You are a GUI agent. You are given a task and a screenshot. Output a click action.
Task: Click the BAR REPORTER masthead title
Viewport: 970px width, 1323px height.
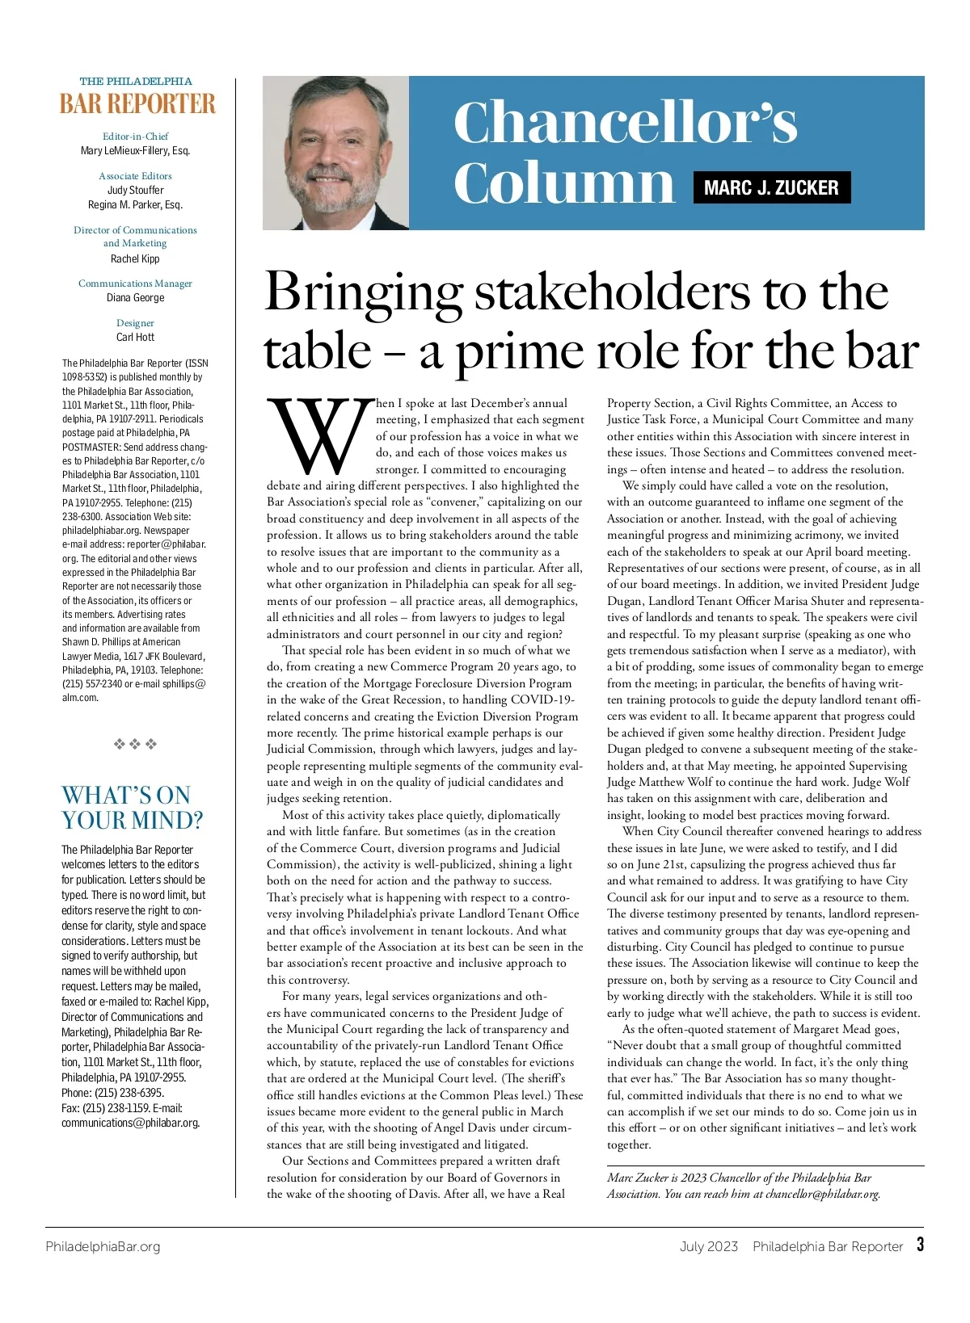(x=137, y=104)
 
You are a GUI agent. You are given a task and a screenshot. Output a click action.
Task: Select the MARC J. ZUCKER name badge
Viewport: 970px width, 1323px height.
(x=771, y=188)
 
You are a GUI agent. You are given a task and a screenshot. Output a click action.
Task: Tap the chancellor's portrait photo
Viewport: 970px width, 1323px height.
(x=335, y=153)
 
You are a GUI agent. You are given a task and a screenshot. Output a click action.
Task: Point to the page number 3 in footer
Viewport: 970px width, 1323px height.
(x=920, y=1245)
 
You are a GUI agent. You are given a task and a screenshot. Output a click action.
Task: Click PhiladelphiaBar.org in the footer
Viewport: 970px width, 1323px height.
(x=103, y=1246)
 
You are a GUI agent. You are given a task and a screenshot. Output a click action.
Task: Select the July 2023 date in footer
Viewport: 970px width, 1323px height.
(x=708, y=1246)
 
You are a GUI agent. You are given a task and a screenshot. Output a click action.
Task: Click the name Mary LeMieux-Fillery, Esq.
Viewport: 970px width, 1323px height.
(x=135, y=151)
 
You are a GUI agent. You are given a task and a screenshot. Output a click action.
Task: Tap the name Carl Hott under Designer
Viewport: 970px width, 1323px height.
(x=135, y=338)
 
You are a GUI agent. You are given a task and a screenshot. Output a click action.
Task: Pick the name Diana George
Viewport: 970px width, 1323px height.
(x=135, y=298)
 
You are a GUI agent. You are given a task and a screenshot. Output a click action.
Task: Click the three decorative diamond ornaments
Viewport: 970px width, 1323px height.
(x=135, y=744)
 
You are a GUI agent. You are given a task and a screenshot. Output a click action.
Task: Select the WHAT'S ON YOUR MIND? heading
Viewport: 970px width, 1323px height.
(x=132, y=808)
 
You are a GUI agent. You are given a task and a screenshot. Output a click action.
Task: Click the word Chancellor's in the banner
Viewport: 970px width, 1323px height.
(x=625, y=123)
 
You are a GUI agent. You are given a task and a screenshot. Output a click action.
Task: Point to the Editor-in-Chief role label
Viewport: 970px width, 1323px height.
(x=135, y=136)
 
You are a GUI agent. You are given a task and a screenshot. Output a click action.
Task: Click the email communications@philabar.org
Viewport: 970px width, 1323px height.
(x=130, y=1123)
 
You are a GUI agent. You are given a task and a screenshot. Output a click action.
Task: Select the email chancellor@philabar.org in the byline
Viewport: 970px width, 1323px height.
(x=822, y=1194)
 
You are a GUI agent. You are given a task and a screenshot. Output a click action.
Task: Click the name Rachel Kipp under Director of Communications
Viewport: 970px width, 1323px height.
(x=135, y=259)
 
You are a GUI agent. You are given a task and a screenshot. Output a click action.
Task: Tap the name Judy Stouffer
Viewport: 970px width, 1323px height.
(x=135, y=191)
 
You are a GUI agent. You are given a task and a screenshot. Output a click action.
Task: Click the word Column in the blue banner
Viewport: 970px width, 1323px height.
(x=563, y=183)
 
